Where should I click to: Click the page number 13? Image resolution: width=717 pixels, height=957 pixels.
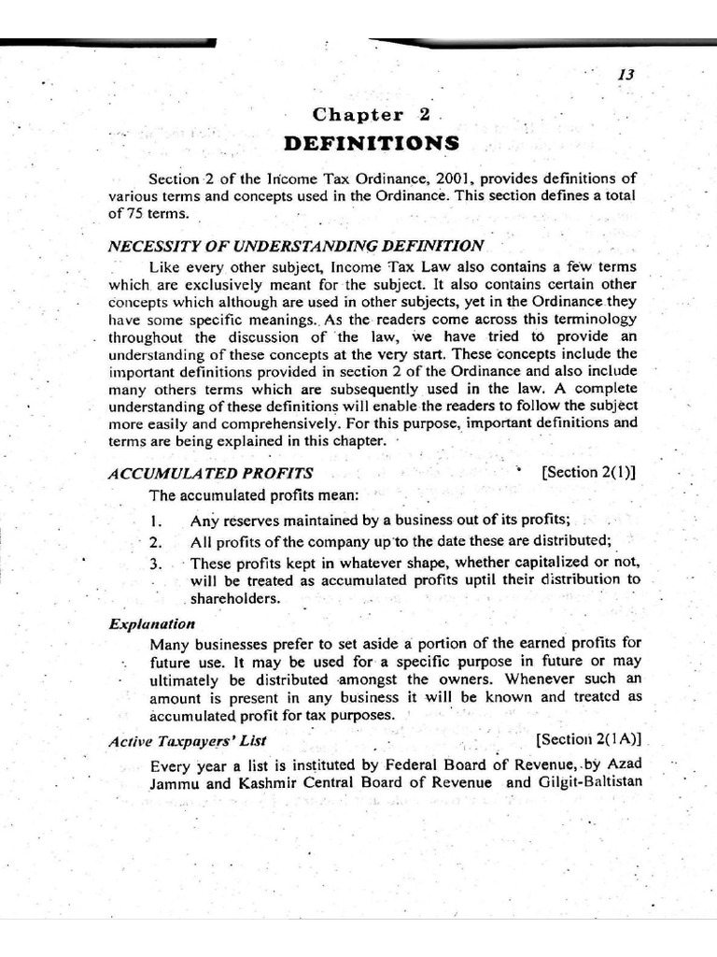click(x=626, y=75)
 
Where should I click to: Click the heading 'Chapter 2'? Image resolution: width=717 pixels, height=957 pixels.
click(x=371, y=115)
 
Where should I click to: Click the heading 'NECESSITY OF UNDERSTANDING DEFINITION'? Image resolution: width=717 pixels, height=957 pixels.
click(x=296, y=246)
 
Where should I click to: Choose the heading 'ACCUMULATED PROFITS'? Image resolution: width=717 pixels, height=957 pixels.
click(x=210, y=473)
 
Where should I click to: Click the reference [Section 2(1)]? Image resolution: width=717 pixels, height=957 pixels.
click(x=589, y=472)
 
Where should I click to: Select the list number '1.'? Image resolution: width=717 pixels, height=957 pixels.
click(x=157, y=521)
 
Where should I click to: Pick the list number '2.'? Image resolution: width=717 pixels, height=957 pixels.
click(x=157, y=542)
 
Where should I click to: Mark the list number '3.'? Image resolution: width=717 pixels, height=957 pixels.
click(x=157, y=564)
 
